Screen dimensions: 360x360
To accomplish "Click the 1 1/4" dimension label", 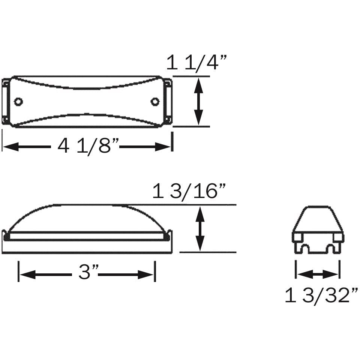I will point(197,63).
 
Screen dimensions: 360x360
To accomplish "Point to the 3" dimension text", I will point(88,273).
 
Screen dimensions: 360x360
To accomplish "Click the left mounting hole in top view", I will point(18,102).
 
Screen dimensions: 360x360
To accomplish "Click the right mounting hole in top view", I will point(154,102).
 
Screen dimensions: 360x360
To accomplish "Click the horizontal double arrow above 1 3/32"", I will point(317,274).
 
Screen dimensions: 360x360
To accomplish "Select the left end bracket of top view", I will point(6,102).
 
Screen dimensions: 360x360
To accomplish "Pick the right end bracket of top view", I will point(168,102).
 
